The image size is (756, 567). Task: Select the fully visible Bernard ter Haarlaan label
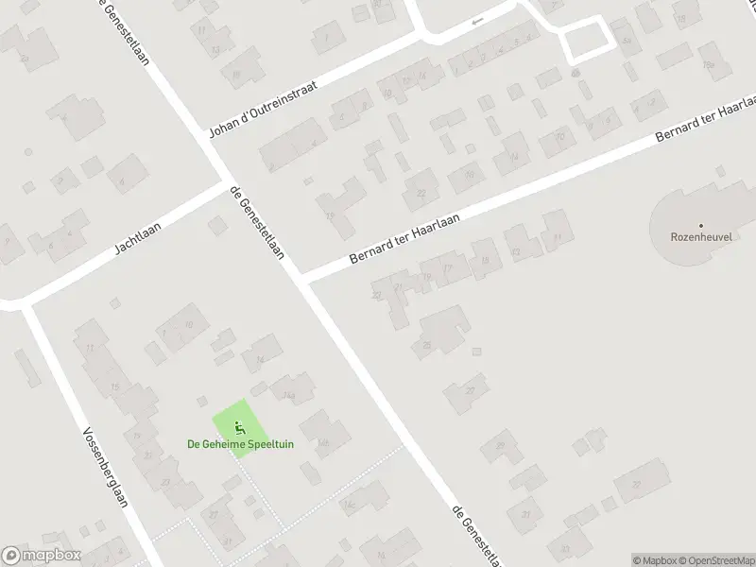(404, 237)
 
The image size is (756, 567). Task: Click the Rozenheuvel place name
(701, 239)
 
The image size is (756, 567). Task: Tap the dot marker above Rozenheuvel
(701, 225)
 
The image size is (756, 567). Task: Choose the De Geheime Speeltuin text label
(240, 444)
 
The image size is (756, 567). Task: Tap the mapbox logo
(42, 556)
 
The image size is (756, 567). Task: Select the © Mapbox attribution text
(656, 560)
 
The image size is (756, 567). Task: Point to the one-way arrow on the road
(477, 20)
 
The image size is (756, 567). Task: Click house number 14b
(324, 441)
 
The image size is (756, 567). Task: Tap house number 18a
(707, 63)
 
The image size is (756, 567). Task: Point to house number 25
(427, 345)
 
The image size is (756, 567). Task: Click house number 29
(500, 446)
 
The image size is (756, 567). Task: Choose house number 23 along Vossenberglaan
(165, 483)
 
